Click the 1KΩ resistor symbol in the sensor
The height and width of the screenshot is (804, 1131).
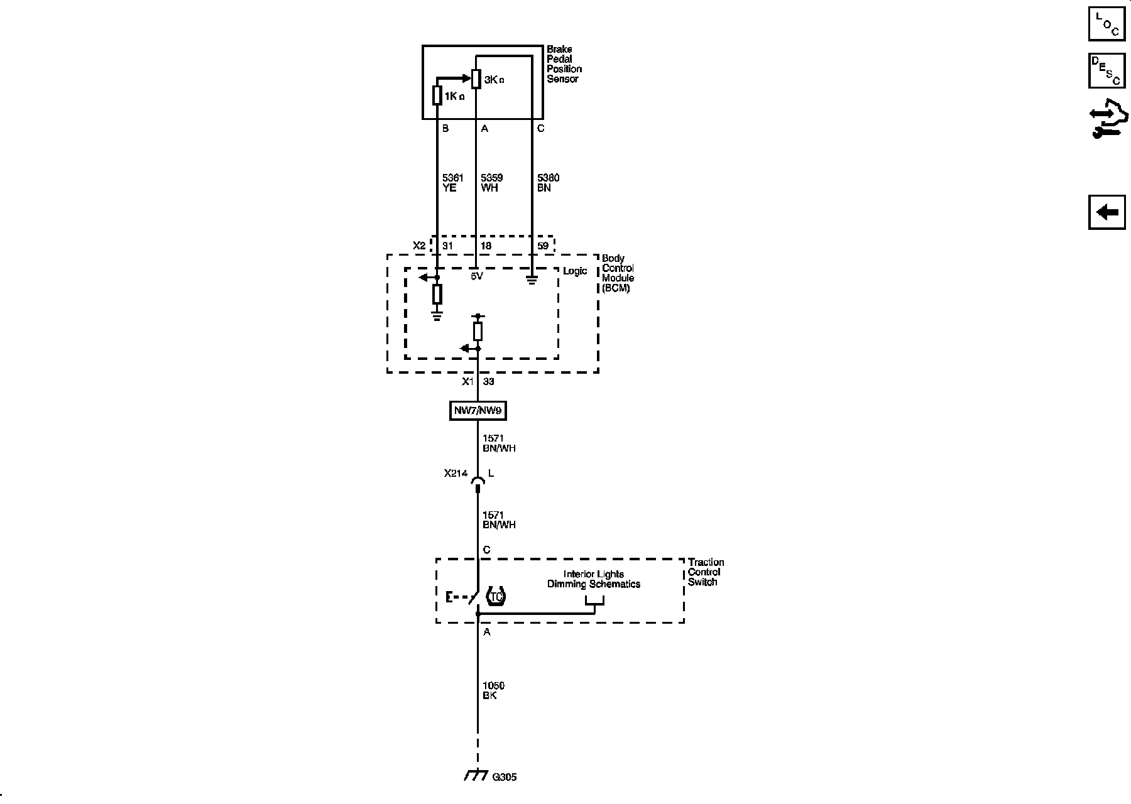pyautogui.click(x=437, y=95)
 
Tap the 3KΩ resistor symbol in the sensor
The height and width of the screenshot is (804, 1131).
pyautogui.click(x=476, y=79)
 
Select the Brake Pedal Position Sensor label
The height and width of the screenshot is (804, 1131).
pyautogui.click(x=564, y=64)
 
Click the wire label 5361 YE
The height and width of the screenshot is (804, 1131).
pyautogui.click(x=452, y=183)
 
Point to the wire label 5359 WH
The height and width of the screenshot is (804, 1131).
pyautogui.click(x=491, y=183)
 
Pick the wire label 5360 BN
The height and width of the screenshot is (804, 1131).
pyautogui.click(x=548, y=183)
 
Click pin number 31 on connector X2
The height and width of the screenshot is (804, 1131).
pyautogui.click(x=447, y=246)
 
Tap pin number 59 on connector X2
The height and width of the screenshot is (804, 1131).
pyautogui.click(x=543, y=246)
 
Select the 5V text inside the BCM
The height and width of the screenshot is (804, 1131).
pyautogui.click(x=477, y=276)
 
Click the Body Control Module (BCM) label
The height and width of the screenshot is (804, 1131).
pyautogui.click(x=618, y=273)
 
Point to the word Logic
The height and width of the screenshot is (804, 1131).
pyautogui.click(x=575, y=271)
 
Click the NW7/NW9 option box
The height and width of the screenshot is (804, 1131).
pyautogui.click(x=478, y=411)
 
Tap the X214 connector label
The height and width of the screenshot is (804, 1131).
pyautogui.click(x=456, y=474)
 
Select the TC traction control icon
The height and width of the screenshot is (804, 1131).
pyautogui.click(x=496, y=597)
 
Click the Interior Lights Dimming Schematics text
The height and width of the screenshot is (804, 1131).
pyautogui.click(x=593, y=579)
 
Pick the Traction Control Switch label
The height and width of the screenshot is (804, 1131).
pyautogui.click(x=706, y=572)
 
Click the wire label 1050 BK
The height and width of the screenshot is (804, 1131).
pyautogui.click(x=493, y=690)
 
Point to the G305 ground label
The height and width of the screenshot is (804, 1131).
pyautogui.click(x=505, y=777)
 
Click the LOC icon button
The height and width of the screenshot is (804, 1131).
pyautogui.click(x=1106, y=24)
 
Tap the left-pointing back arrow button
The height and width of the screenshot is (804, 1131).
pyautogui.click(x=1106, y=212)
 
